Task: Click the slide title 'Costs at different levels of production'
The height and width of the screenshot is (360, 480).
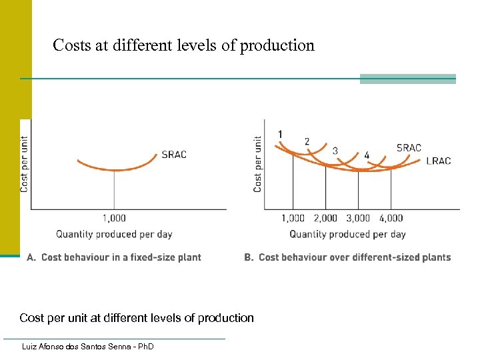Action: tap(183, 46)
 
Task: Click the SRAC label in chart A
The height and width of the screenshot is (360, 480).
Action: tap(174, 155)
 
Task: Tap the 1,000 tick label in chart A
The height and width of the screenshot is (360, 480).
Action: tap(114, 218)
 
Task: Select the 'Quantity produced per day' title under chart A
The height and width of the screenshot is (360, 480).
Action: tap(114, 234)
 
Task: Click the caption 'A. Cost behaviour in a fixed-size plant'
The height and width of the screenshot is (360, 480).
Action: tap(113, 257)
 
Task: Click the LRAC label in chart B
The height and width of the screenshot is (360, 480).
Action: tap(438, 161)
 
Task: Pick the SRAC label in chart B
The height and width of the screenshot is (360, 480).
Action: tap(409, 147)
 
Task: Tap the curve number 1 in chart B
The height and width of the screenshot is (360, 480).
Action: tap(280, 134)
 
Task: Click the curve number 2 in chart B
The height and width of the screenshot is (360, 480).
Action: tap(307, 141)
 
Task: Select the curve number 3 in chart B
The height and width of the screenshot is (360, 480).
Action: tap(335, 151)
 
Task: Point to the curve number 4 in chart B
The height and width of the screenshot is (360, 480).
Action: tap(367, 155)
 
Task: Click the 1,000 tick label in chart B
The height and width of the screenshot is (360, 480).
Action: tap(293, 218)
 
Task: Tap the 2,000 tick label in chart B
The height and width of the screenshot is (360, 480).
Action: tap(325, 218)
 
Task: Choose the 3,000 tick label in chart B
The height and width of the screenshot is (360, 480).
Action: tap(358, 218)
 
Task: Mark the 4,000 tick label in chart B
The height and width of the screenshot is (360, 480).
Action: tap(391, 218)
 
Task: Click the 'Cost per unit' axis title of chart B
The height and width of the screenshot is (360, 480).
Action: tap(258, 164)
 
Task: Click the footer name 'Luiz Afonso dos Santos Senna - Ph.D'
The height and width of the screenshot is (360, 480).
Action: tap(87, 347)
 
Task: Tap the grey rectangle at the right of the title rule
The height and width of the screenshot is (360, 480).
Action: tap(407, 79)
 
